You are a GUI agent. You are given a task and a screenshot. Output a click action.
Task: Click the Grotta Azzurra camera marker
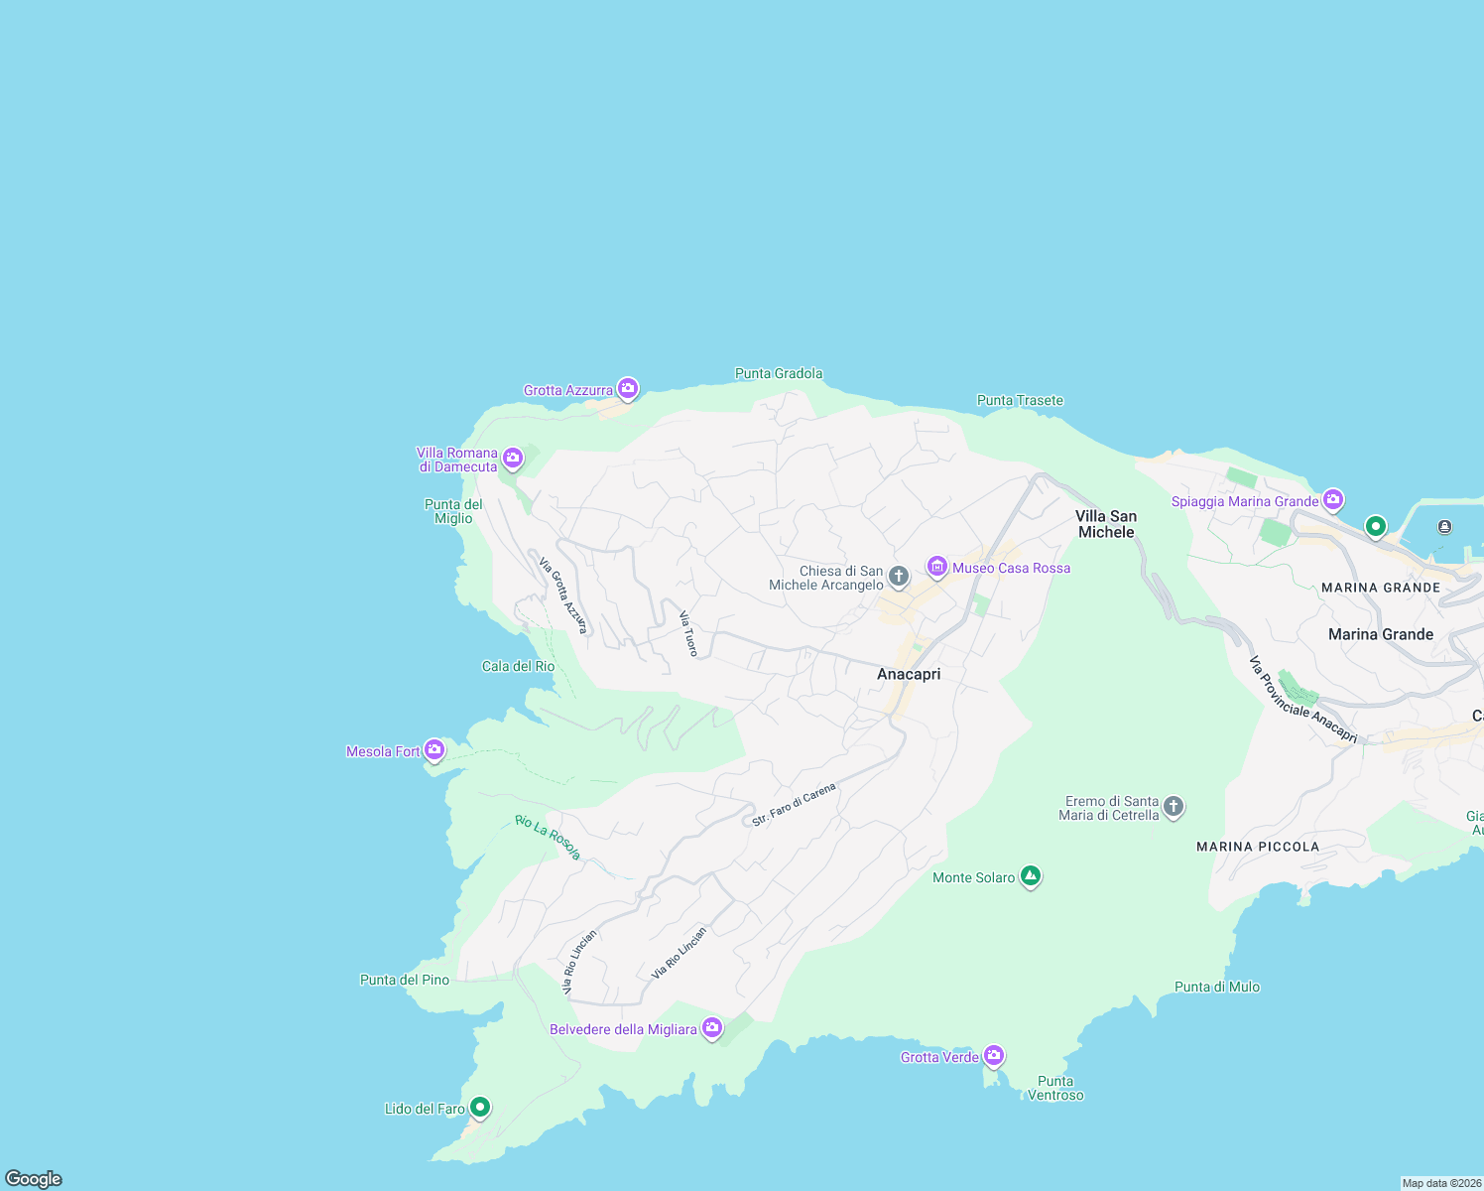coord(627,389)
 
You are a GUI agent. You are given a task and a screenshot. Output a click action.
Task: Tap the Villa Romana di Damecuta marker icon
coord(513,458)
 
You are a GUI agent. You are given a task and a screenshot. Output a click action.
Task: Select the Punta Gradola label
coord(779,373)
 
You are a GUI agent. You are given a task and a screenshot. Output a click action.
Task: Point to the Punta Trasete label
coord(1020,400)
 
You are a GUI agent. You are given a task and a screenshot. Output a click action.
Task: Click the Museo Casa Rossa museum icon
coord(937,567)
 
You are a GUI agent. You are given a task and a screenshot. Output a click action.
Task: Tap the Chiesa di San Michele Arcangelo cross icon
coord(898,576)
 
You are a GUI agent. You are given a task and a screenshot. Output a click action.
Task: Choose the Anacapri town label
coord(909,674)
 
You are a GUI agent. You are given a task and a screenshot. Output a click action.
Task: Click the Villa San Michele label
coord(1106,524)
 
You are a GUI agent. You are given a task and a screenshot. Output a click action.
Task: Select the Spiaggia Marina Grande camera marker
coord(1333,499)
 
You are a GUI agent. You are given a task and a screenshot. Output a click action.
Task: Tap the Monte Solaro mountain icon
coord(1031,875)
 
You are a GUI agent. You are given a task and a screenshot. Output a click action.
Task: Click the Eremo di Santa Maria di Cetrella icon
coord(1174,806)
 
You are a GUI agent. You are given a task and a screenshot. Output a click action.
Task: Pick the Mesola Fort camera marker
coord(433,749)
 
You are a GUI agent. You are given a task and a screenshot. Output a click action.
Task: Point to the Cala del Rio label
coord(518,666)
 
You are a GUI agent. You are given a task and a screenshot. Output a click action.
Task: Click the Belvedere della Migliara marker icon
coord(712,1028)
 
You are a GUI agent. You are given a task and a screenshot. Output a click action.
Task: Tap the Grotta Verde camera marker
coord(994,1055)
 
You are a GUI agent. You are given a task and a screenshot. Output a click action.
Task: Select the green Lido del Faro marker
coord(480,1106)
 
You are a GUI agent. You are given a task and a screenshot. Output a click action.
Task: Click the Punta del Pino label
coord(405,980)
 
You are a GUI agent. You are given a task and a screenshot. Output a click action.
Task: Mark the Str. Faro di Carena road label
coord(794,805)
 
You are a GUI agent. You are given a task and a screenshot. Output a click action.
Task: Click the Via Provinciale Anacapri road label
coord(1302,700)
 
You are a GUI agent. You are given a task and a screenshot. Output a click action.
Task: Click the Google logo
coord(34,1178)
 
